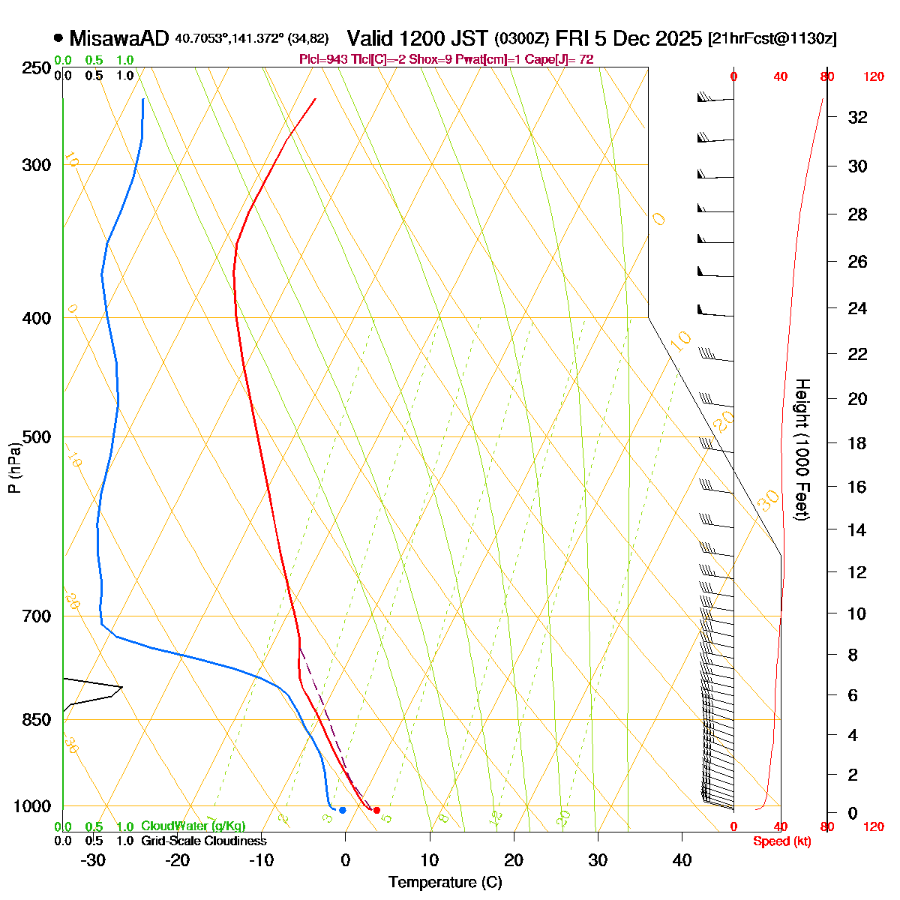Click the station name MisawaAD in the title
coord(120,38)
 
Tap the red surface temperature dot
coord(376,810)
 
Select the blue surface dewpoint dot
coord(343,810)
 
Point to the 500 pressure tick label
coord(37,436)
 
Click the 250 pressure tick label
coord(37,68)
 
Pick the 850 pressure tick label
coord(37,719)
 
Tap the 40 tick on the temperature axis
coord(682,859)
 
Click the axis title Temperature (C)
coord(445,882)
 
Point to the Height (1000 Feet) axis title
coord(802,450)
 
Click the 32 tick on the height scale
coord(857,117)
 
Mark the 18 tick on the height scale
coord(857,443)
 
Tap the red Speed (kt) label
coord(782,841)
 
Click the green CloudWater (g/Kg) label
coord(193,826)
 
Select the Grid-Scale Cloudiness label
coord(203,841)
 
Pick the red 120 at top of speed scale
coord(873,76)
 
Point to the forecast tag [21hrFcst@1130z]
coord(772,39)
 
